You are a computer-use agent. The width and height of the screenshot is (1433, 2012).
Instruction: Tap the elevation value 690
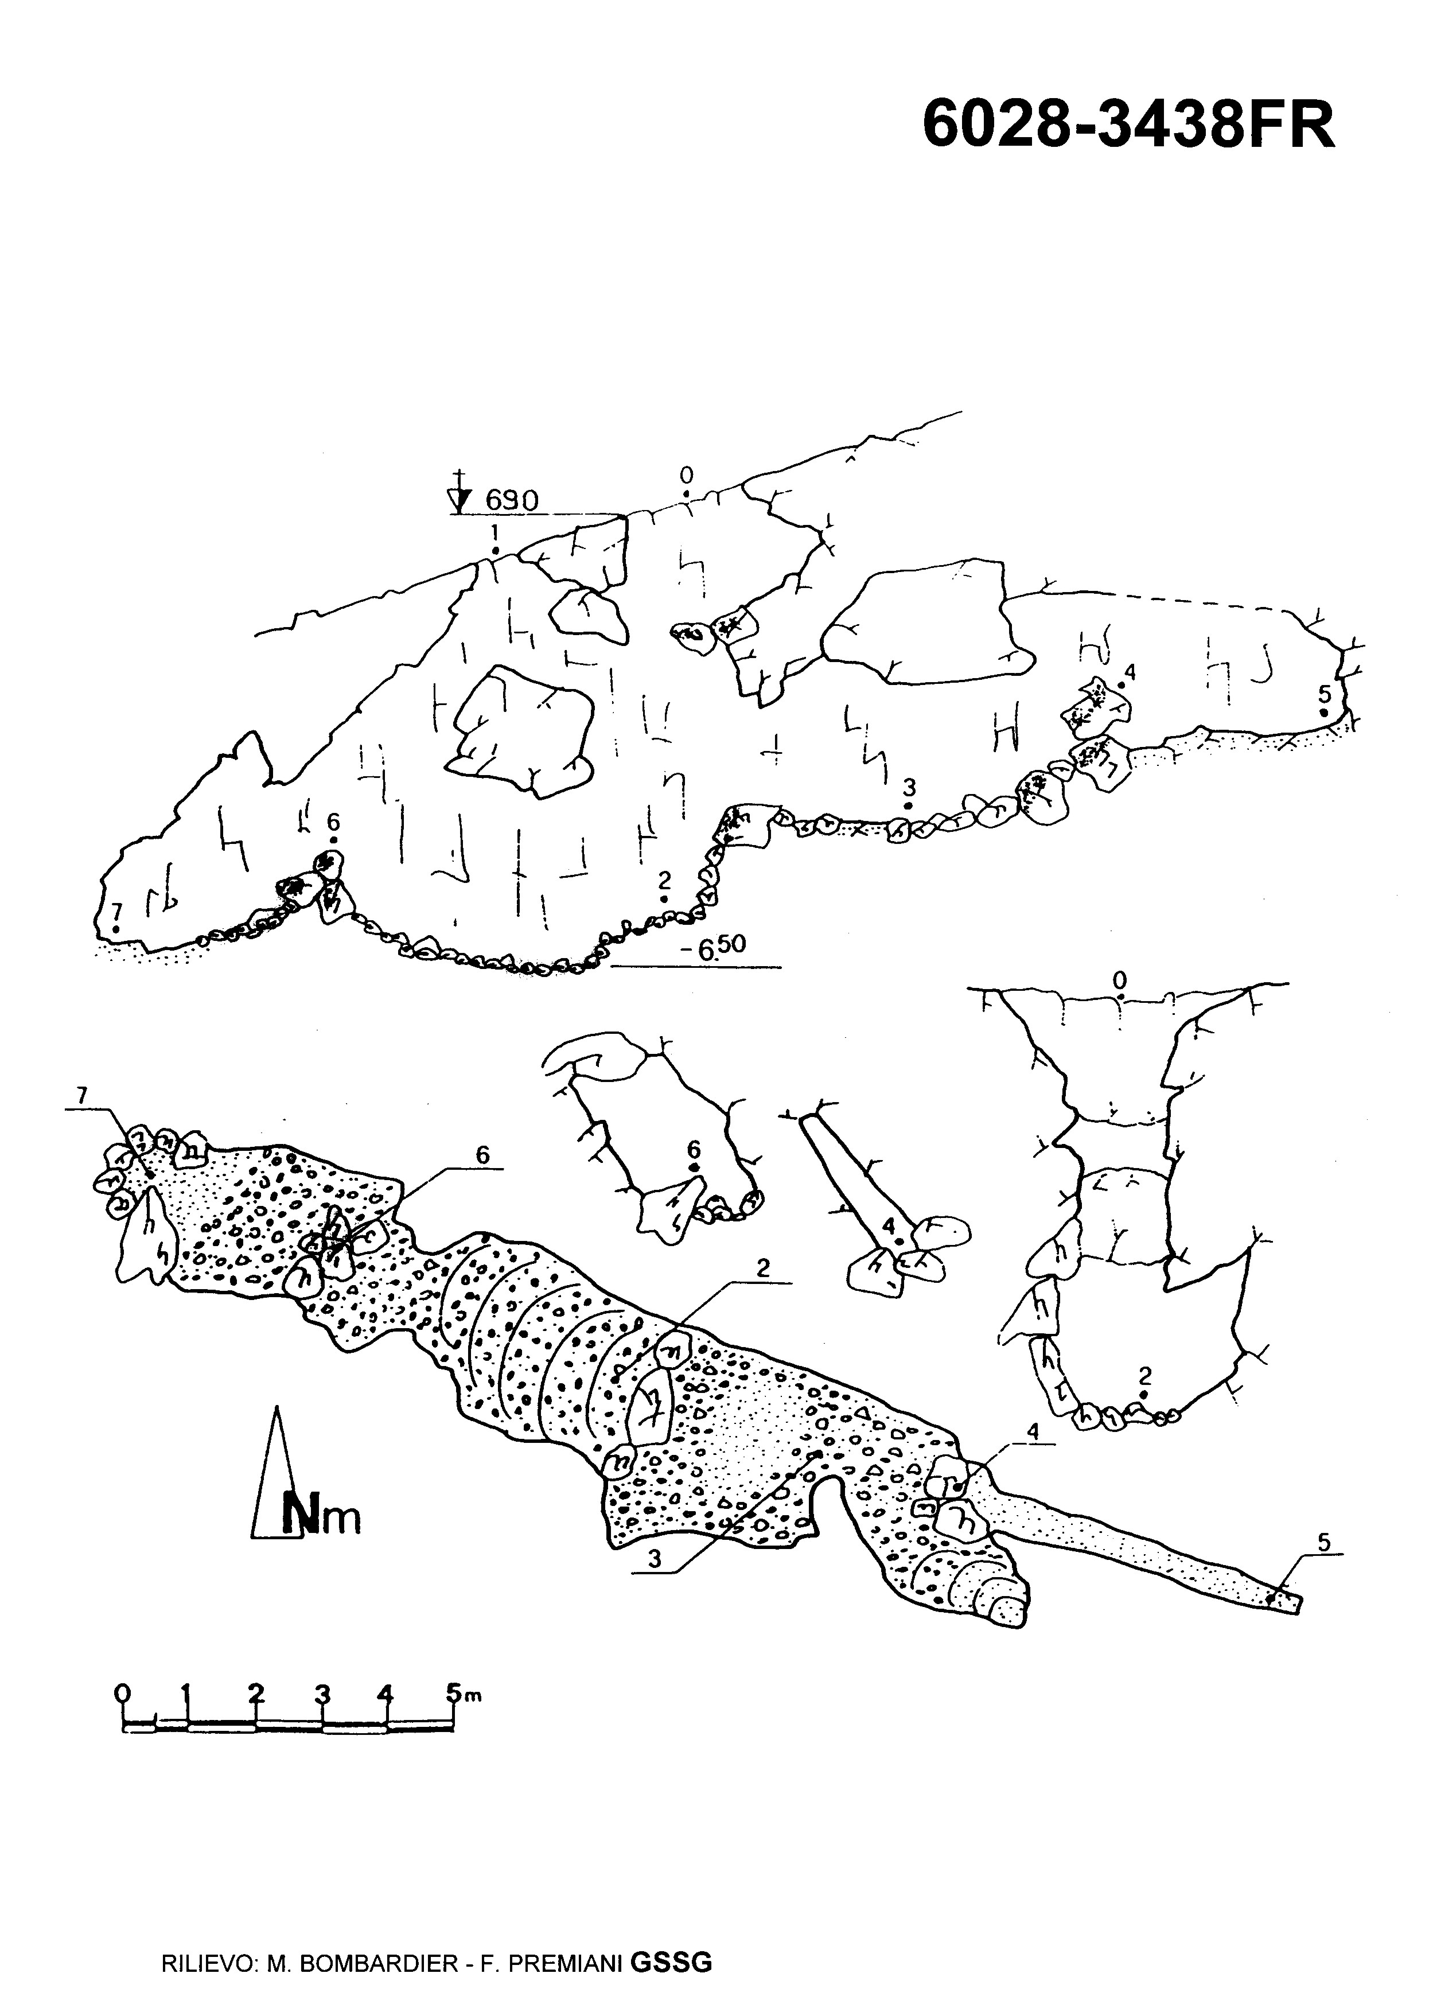pos(512,501)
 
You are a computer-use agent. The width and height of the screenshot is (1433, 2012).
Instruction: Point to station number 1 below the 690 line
pos(495,532)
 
